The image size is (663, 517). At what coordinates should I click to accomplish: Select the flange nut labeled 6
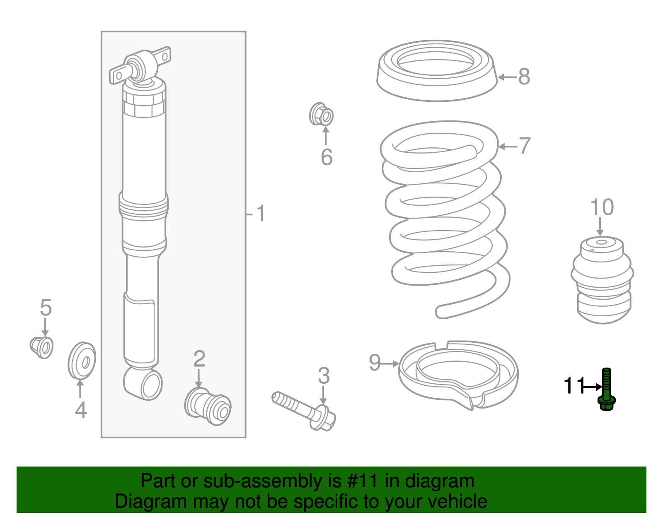point(322,115)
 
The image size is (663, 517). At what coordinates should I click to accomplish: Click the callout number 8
point(524,77)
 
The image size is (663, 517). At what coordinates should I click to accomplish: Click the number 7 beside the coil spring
point(525,146)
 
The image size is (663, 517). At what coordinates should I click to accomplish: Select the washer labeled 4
point(82,360)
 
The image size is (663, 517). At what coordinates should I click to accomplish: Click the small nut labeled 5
point(42,347)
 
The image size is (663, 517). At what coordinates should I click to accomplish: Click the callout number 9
point(375,363)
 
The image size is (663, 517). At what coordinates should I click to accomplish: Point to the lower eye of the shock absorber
point(143,383)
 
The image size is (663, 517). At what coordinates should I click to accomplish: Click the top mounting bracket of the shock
point(140,66)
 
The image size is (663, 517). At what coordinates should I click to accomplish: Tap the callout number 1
point(260,214)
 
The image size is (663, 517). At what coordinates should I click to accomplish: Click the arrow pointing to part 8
point(507,77)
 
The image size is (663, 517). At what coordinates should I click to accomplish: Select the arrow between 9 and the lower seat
point(390,364)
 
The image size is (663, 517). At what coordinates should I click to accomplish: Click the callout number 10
point(602,207)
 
